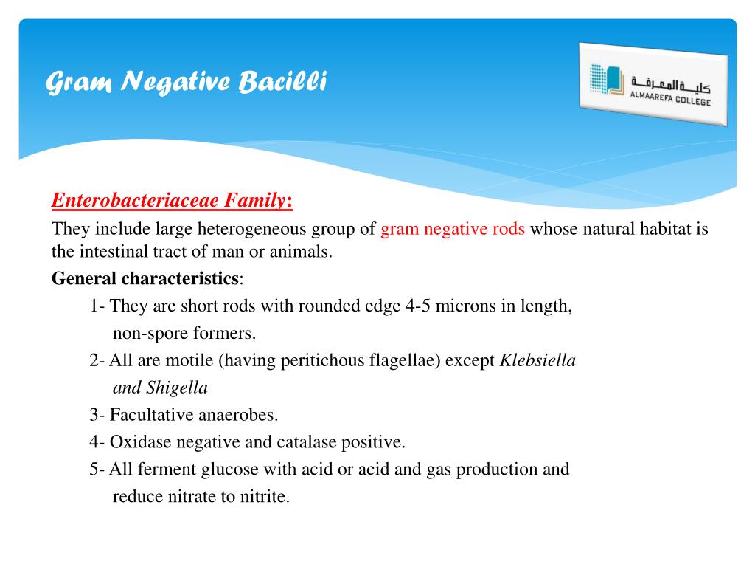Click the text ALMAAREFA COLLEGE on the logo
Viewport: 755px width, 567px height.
[670, 97]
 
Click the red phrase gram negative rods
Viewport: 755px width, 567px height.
[453, 229]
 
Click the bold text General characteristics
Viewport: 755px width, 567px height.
[145, 279]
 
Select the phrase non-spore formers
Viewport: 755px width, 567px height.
[184, 334]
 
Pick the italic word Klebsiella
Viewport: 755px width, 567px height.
[537, 361]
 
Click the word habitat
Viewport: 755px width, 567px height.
[667, 229]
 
